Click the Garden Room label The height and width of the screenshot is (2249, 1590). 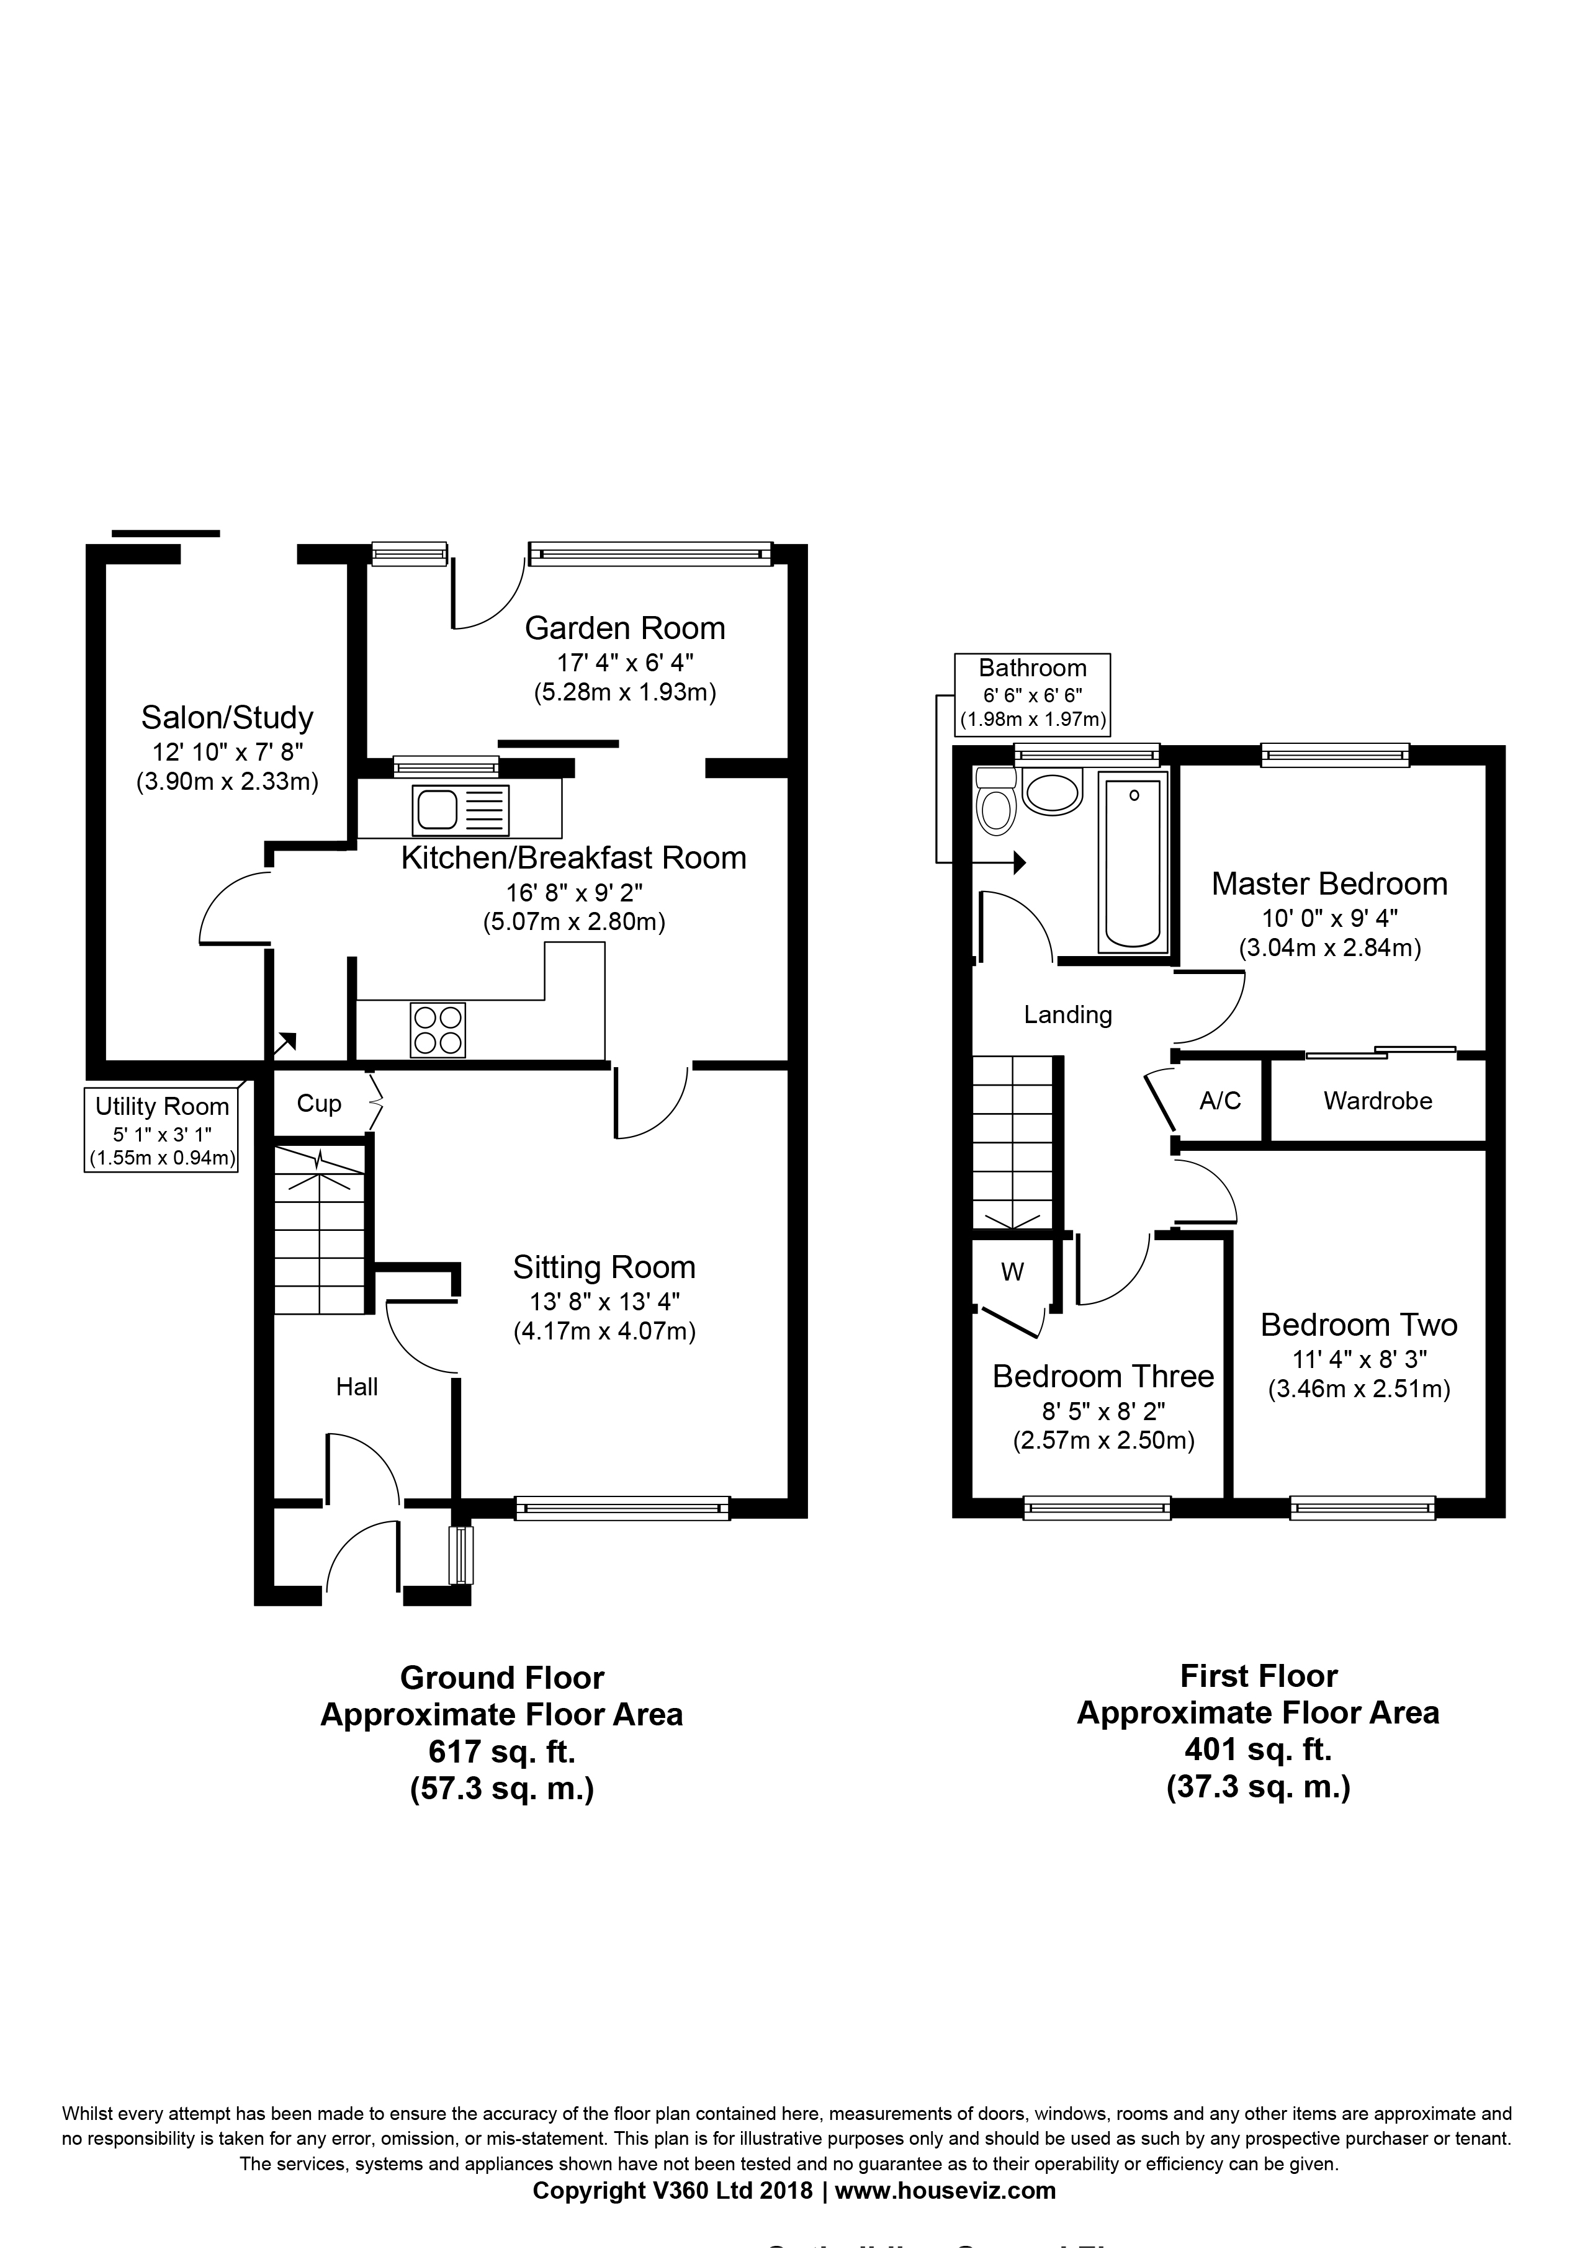pyautogui.click(x=624, y=628)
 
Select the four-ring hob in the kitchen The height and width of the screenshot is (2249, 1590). pyautogui.click(x=438, y=1029)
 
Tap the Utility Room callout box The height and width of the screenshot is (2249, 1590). pyautogui.click(x=161, y=1132)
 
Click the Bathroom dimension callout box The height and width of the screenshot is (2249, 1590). pyautogui.click(x=1033, y=694)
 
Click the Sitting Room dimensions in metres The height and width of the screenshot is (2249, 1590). pyautogui.click(x=603, y=1332)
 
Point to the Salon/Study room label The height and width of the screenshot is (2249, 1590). pyautogui.click(x=227, y=718)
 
